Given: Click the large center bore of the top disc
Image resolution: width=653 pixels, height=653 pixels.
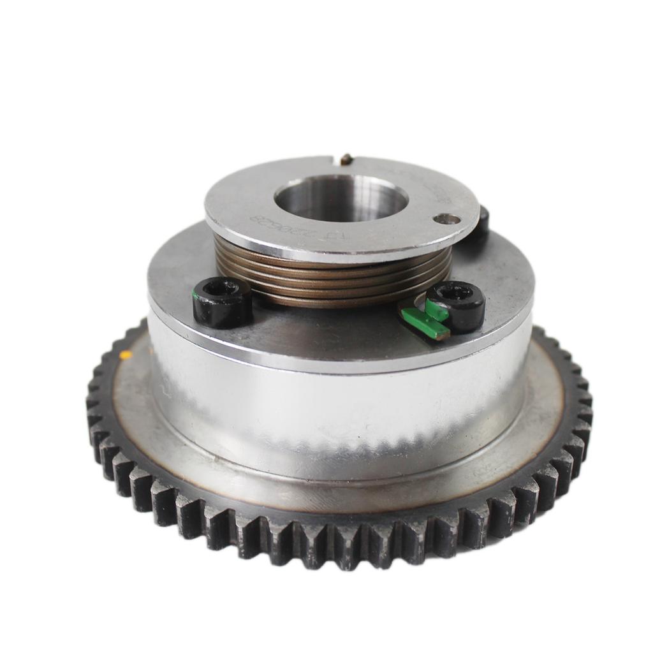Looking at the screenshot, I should click(341, 198).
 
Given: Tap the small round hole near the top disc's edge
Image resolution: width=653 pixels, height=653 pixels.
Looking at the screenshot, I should click(446, 219).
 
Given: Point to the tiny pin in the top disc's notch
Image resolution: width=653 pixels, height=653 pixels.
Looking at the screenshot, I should click(345, 159).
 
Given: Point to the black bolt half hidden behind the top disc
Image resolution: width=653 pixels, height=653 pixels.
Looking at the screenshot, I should click(482, 221).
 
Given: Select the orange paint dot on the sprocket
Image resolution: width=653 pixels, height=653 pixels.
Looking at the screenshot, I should click(126, 355).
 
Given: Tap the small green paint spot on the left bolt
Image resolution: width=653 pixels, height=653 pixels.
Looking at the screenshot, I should click(194, 295).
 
